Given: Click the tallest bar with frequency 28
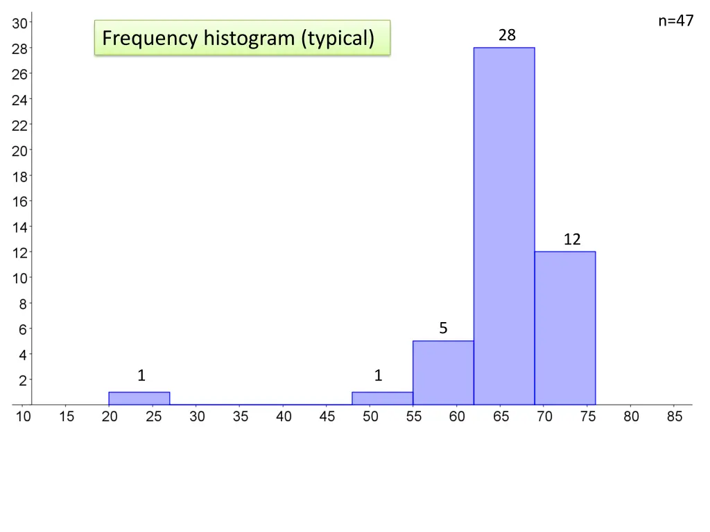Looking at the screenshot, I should (x=504, y=226).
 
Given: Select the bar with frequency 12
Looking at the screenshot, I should (x=565, y=328).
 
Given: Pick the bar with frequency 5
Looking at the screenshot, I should (x=443, y=373).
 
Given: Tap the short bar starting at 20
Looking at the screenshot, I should (x=139, y=398).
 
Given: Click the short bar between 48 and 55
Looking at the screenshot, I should (x=382, y=398).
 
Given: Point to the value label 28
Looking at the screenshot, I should (x=507, y=35).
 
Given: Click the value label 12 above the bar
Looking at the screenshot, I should (x=572, y=240).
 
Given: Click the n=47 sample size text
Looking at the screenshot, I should (x=676, y=21).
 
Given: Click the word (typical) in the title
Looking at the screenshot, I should (x=338, y=38).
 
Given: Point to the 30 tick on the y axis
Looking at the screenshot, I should (x=20, y=23).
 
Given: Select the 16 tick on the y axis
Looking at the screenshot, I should (x=20, y=202).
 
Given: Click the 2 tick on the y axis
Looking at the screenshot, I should (x=23, y=380).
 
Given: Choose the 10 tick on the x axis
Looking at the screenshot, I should (x=24, y=417).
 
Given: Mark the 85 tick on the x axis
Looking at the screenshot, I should (x=675, y=417).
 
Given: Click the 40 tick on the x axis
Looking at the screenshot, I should (x=284, y=417).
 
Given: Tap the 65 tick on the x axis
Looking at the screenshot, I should (x=501, y=417).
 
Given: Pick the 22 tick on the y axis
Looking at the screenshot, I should (x=20, y=125).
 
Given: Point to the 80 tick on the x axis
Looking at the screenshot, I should (x=631, y=417).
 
